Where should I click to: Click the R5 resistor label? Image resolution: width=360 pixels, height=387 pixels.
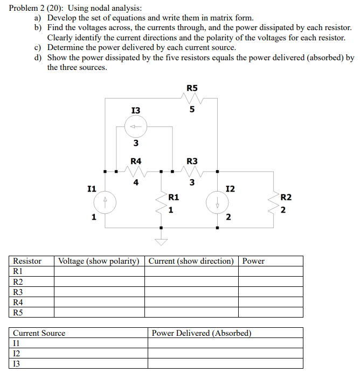click(x=192, y=88)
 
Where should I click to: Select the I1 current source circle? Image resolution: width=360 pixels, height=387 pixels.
click(x=106, y=202)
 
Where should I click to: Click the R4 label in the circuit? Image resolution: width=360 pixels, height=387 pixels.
click(x=136, y=161)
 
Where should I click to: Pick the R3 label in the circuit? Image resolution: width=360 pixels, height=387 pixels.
click(x=192, y=161)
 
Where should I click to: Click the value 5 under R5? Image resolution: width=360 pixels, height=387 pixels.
click(x=192, y=111)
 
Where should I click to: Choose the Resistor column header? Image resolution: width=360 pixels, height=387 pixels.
click(x=27, y=261)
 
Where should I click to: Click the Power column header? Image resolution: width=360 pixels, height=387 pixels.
click(x=253, y=261)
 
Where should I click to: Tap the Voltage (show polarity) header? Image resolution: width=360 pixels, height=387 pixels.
click(x=99, y=261)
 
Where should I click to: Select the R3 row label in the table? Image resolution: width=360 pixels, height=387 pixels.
click(x=18, y=292)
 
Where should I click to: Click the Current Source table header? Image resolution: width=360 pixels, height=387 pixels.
click(x=39, y=333)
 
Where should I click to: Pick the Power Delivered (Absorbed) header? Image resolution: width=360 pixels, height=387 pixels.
click(x=202, y=333)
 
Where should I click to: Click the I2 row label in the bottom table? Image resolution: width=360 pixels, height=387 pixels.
click(x=16, y=353)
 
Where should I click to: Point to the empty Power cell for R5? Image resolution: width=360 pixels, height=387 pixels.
click(x=271, y=312)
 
